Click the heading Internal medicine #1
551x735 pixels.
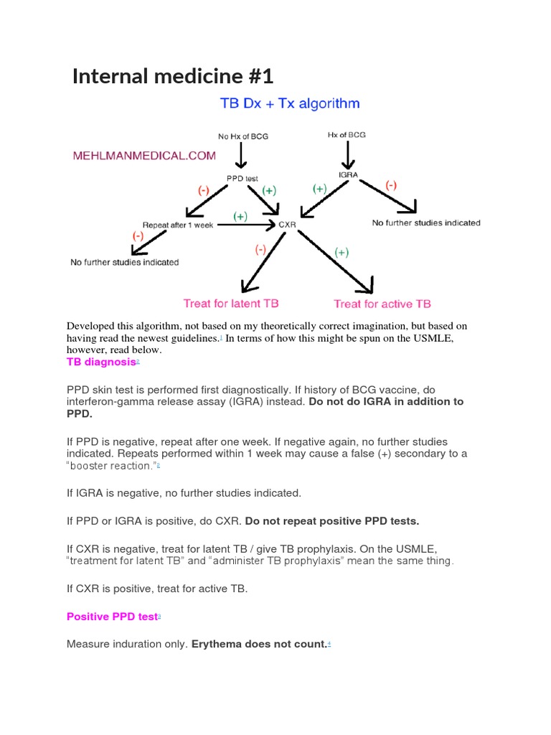pos(173,75)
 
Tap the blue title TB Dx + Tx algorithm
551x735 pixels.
pos(289,104)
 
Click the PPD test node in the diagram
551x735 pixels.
pos(238,179)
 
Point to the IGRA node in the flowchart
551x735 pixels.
pos(348,174)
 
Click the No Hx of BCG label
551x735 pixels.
pos(243,136)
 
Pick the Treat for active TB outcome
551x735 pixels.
pos(382,304)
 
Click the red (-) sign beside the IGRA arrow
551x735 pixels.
pos(391,184)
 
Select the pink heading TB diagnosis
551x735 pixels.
pos(101,362)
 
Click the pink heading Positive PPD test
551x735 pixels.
pos(111,617)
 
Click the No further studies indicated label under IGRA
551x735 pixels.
pos(426,223)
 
